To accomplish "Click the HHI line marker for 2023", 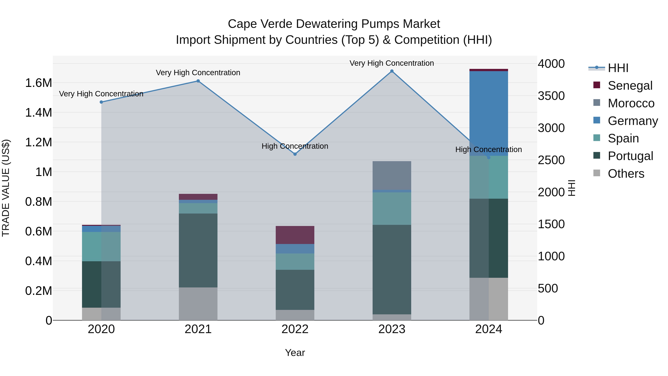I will point(392,71).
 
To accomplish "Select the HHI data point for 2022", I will point(295,154).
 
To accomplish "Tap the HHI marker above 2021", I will point(198,81).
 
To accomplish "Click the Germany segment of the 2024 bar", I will point(489,113).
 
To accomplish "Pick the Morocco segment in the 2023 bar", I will point(392,175).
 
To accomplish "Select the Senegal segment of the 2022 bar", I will point(295,235).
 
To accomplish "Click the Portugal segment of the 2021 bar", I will point(198,250).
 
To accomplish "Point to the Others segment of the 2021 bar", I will point(198,304).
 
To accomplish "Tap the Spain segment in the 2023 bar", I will point(392,208).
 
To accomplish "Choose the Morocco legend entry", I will point(631,103).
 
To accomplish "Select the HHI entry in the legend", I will point(618,68).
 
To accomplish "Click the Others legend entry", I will point(626,174).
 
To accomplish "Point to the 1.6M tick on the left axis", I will point(38,83).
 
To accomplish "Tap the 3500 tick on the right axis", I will point(551,96).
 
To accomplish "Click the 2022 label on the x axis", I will point(295,329).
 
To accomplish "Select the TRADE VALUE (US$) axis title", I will point(6,188).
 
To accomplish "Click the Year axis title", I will point(295,353).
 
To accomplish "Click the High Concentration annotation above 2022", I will point(295,146).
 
